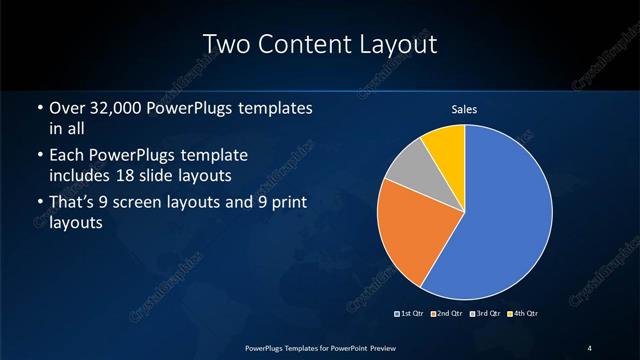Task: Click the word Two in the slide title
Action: [x=226, y=44]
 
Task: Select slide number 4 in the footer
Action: [x=590, y=347]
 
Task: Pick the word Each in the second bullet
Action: [x=66, y=156]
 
